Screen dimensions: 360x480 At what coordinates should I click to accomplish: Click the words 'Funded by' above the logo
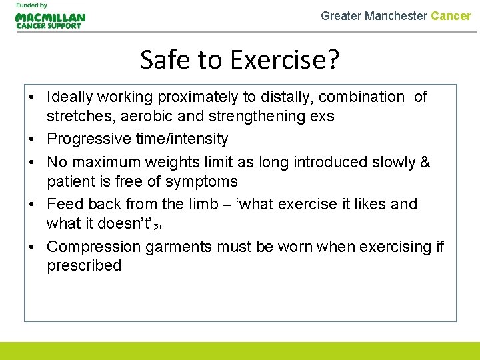(32, 5)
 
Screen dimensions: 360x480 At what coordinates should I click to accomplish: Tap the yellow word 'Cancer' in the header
(451, 15)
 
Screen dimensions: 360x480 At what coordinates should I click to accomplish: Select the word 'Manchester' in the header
(395, 15)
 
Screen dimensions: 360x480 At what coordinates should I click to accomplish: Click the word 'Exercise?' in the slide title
(287, 60)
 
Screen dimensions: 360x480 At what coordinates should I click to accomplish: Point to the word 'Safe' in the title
(165, 60)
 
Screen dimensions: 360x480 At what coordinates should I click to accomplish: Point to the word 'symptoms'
(203, 181)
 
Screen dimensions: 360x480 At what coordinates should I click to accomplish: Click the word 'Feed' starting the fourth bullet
(63, 204)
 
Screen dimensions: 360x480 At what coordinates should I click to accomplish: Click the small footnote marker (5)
(156, 227)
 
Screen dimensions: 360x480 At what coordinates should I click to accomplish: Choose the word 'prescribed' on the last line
(84, 265)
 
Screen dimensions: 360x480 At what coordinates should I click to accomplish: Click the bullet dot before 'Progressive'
(33, 139)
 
